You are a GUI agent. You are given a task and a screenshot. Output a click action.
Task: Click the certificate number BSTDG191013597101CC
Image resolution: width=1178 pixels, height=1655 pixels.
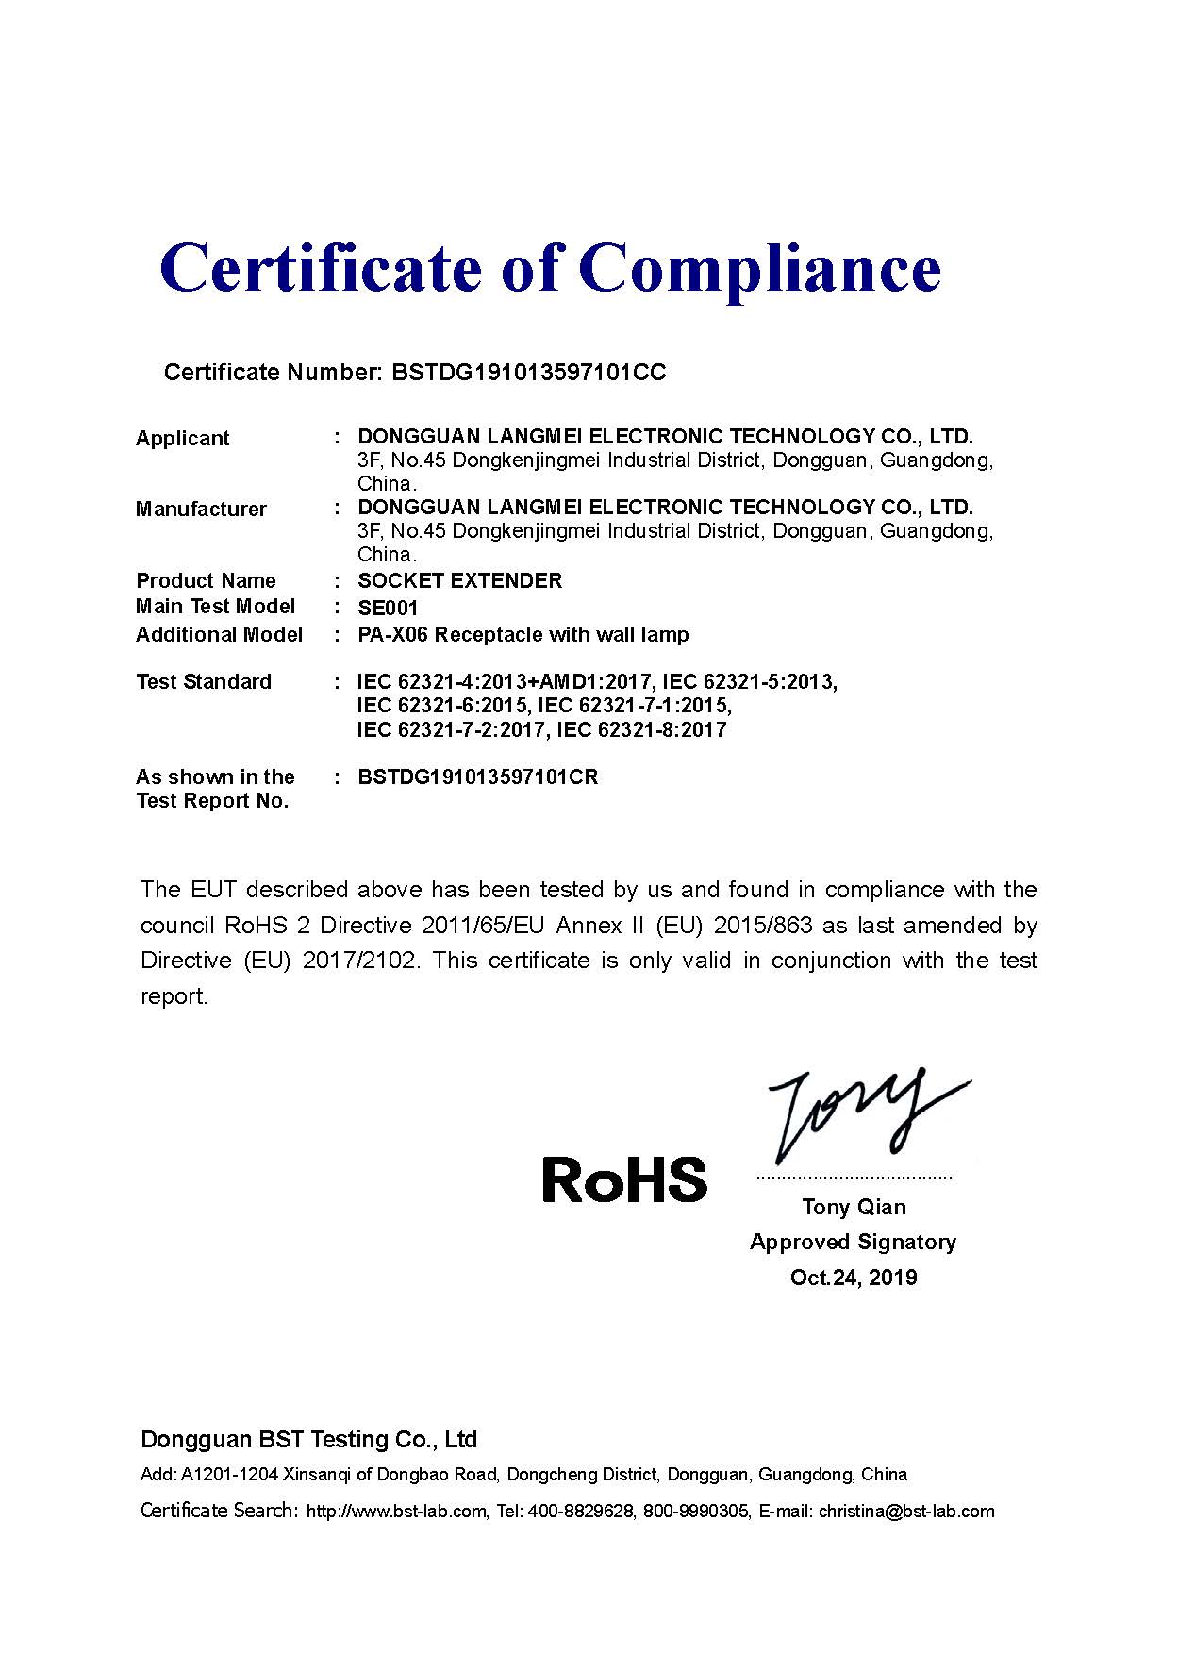(x=528, y=372)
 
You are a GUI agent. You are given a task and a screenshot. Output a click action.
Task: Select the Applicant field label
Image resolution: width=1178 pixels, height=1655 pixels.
(x=183, y=438)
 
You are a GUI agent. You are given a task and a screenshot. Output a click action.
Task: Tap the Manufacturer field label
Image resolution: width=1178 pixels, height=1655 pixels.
(x=201, y=510)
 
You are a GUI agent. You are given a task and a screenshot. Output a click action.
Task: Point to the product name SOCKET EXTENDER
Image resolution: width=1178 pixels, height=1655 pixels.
(x=459, y=580)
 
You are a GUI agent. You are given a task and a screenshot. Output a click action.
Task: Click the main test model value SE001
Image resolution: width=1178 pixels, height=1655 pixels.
(x=388, y=608)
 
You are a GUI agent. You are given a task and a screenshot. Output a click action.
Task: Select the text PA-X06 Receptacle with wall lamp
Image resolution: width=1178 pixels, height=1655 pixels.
(x=523, y=634)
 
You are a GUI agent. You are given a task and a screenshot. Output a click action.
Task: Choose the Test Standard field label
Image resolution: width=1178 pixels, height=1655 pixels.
(x=204, y=681)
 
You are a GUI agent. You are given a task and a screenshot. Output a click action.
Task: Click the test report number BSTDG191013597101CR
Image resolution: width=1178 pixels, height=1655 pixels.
(x=478, y=777)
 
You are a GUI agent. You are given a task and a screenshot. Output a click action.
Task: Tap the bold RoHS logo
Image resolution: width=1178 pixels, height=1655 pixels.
(x=624, y=1179)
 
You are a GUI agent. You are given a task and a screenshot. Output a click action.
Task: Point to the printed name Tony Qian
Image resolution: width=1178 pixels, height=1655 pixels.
(x=854, y=1207)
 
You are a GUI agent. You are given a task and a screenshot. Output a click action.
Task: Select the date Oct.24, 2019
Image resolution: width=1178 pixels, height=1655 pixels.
(x=854, y=1278)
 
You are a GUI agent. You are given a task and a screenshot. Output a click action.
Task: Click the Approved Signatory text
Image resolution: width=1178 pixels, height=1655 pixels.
(x=853, y=1242)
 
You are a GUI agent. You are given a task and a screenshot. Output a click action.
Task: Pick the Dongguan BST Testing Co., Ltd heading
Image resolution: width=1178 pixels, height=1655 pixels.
(x=308, y=1439)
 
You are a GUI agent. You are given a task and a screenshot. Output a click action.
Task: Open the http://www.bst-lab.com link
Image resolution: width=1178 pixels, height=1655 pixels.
(x=396, y=1512)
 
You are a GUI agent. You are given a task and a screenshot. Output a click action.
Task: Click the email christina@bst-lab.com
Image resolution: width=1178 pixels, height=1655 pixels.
(x=905, y=1512)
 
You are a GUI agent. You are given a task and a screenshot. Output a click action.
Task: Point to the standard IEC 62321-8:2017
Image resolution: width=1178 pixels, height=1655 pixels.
(x=641, y=729)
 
